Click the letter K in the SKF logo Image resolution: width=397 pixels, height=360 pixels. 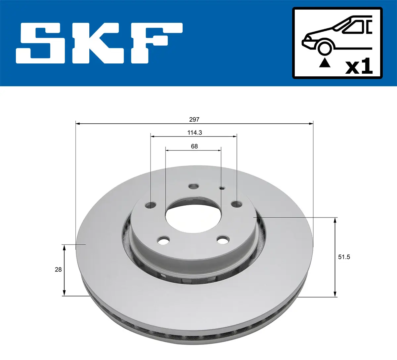pos(96,43)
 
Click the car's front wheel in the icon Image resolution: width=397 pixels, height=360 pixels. pos(324,47)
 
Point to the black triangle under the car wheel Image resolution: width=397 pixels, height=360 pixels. pos(325,63)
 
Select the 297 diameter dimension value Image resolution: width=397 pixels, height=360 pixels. pos(194,119)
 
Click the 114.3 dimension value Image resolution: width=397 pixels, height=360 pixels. pos(195,133)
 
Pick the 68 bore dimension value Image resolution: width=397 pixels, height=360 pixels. pos(194,146)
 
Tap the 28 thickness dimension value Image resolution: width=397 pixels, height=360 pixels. pos(58,269)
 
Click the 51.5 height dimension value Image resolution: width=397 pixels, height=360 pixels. pos(344,257)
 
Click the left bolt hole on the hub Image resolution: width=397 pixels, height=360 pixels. pos(151,205)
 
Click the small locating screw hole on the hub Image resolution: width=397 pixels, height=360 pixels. pos(222,188)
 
